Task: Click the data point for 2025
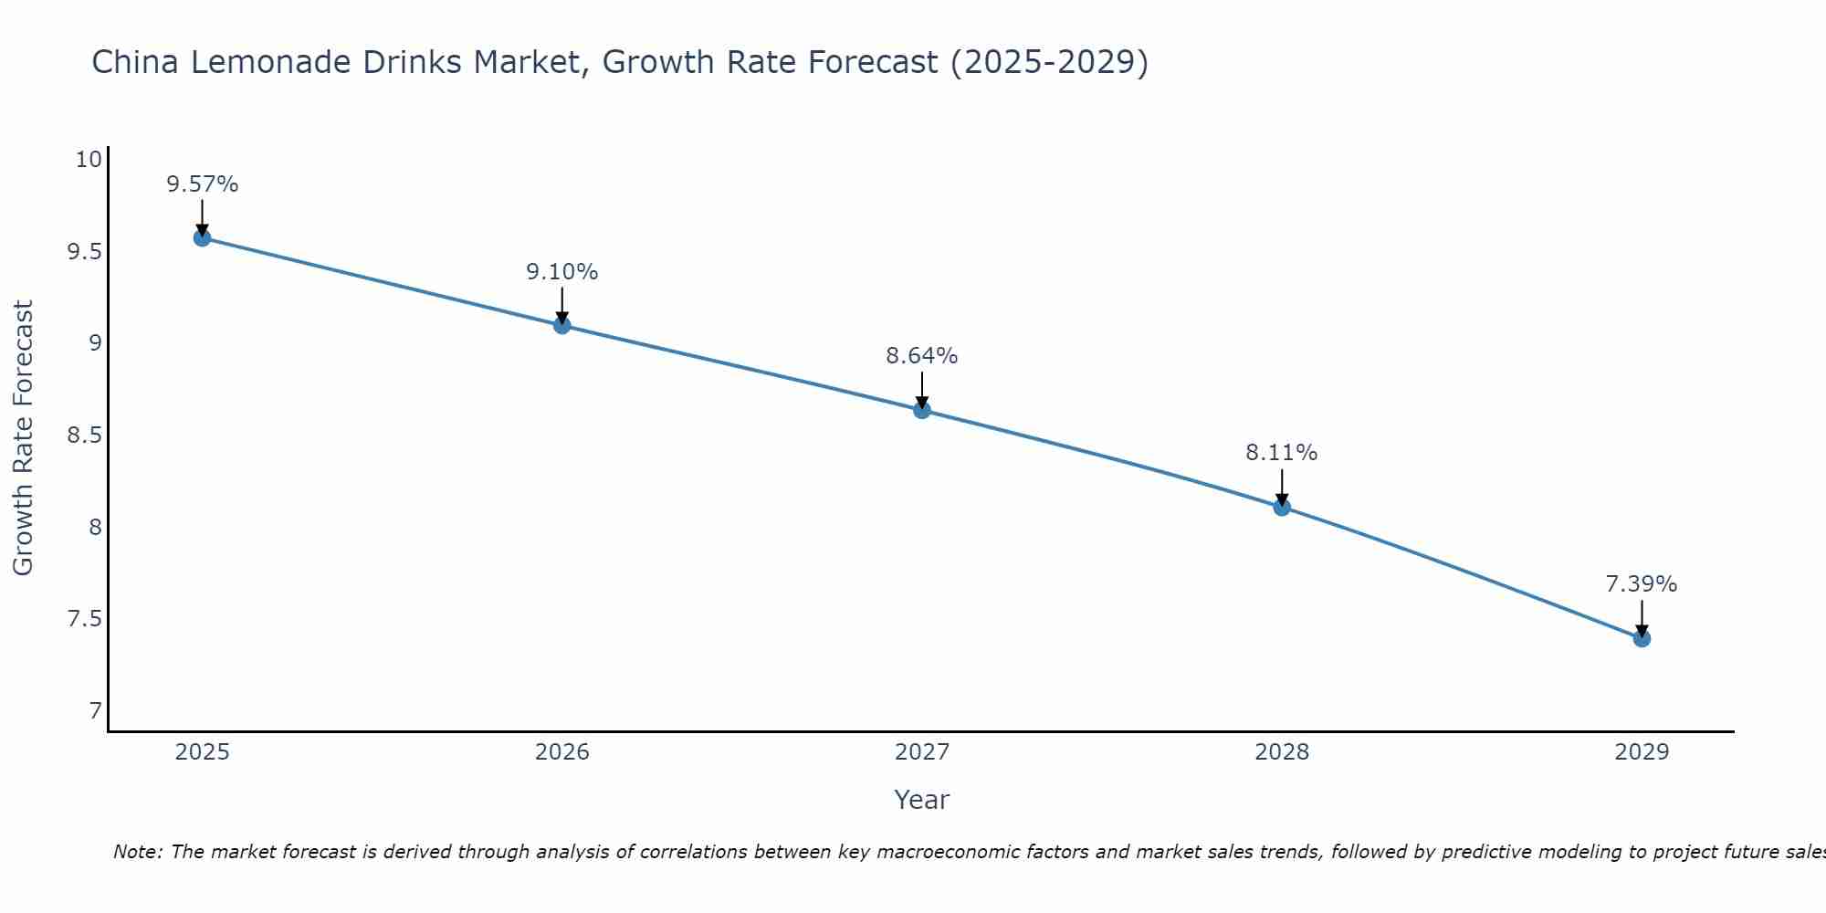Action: (x=202, y=238)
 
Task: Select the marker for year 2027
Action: (x=922, y=410)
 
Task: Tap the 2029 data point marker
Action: (x=1642, y=638)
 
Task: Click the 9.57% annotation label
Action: (x=202, y=184)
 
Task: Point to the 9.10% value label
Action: (x=561, y=272)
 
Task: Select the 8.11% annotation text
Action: (x=1282, y=453)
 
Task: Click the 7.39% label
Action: (x=1642, y=584)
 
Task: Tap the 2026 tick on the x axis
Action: (x=561, y=752)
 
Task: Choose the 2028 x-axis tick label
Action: (x=1282, y=752)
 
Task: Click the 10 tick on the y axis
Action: (x=88, y=160)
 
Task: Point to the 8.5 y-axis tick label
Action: (x=84, y=436)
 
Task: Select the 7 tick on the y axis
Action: (x=95, y=711)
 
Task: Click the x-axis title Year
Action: (x=922, y=800)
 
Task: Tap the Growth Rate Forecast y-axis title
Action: (x=23, y=437)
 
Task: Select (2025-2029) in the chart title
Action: (x=1049, y=62)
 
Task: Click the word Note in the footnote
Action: (x=137, y=852)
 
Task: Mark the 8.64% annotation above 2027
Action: (x=922, y=356)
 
